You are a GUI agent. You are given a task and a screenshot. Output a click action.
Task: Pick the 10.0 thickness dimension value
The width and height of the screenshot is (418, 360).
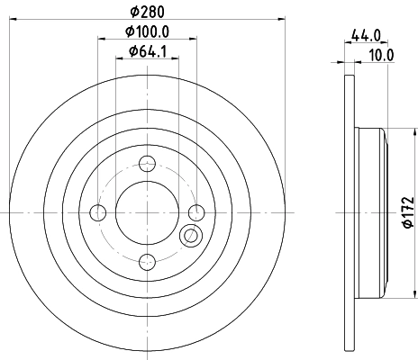(x=383, y=55)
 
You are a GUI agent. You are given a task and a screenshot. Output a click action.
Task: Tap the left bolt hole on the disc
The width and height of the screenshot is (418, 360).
(x=99, y=211)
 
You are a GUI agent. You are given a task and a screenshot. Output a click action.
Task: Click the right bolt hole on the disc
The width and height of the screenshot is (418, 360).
(x=196, y=211)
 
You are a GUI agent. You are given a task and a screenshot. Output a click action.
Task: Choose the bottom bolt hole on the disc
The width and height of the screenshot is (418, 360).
(x=148, y=261)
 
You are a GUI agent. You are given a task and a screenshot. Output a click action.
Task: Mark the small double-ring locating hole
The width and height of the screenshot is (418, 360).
(x=190, y=236)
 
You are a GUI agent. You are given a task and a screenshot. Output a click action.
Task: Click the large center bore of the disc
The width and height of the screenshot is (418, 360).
(x=148, y=211)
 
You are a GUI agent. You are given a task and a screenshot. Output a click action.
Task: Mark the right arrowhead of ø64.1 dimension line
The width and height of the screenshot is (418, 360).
(x=176, y=59)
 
